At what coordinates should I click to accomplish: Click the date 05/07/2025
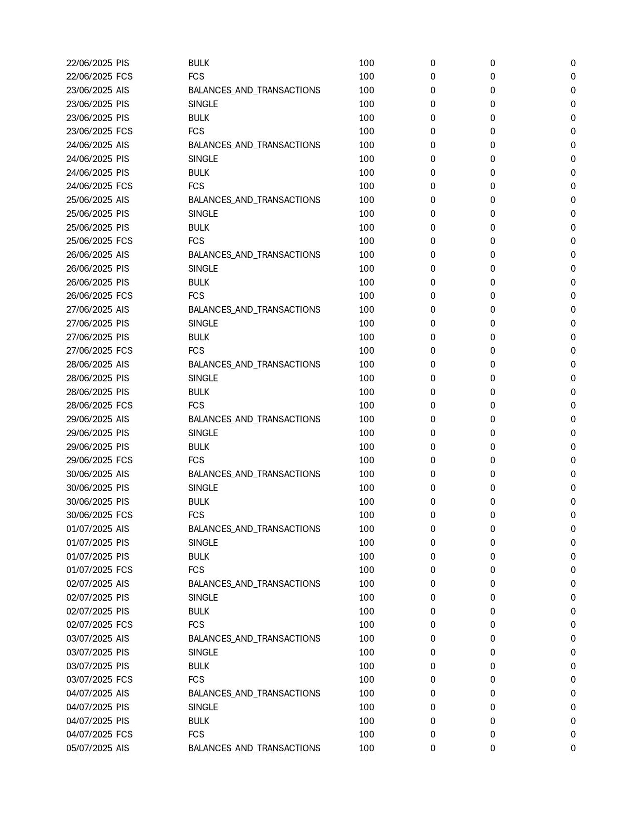tap(89, 748)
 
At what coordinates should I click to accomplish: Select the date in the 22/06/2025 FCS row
tap(89, 77)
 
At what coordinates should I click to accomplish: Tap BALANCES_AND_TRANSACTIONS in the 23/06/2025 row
tap(254, 90)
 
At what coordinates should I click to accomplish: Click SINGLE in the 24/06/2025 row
tap(203, 159)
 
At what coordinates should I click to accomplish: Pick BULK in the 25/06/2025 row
tap(199, 228)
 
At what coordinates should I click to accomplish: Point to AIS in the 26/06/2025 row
tap(123, 255)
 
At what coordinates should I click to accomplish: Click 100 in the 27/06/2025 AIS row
tap(366, 310)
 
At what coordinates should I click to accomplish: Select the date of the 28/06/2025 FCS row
tap(89, 406)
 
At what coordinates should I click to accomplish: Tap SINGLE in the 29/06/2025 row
tap(203, 433)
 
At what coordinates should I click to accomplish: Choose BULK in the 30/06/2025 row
tap(199, 502)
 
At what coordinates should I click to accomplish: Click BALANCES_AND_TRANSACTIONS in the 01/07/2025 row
tap(254, 529)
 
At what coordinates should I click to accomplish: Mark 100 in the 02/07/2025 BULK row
tap(366, 611)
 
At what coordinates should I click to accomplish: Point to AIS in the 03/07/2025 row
tap(123, 639)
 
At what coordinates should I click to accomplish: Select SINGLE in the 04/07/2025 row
tap(203, 707)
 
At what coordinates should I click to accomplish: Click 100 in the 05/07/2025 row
tap(366, 748)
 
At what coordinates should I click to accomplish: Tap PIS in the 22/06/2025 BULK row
tap(123, 63)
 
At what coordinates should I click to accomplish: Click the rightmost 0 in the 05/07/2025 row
tap(573, 748)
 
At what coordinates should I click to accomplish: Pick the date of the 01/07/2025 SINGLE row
tap(89, 543)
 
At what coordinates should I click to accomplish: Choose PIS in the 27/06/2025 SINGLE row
tap(123, 324)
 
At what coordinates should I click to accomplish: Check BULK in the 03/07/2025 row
tap(199, 666)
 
